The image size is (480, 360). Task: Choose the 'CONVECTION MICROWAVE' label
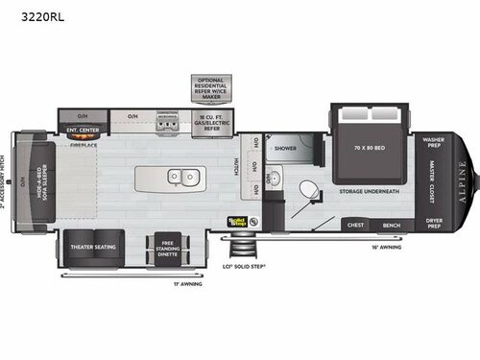point(168,116)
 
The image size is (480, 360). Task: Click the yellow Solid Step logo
point(237,220)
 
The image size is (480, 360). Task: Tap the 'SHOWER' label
point(286,149)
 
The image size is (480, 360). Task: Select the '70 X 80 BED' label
point(371,150)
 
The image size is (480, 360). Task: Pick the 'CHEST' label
point(355,226)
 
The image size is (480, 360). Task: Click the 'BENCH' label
point(392,226)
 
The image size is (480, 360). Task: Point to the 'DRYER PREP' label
point(432,226)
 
